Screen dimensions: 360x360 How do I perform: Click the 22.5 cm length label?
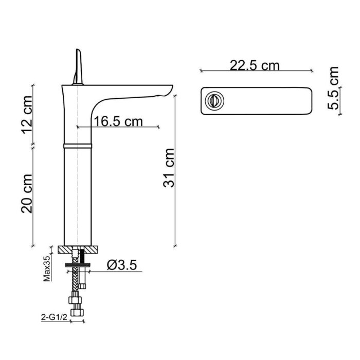point(255,65)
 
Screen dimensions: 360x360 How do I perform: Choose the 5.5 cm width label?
point(334,88)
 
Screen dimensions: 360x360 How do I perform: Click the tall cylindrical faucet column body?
point(77,195)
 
